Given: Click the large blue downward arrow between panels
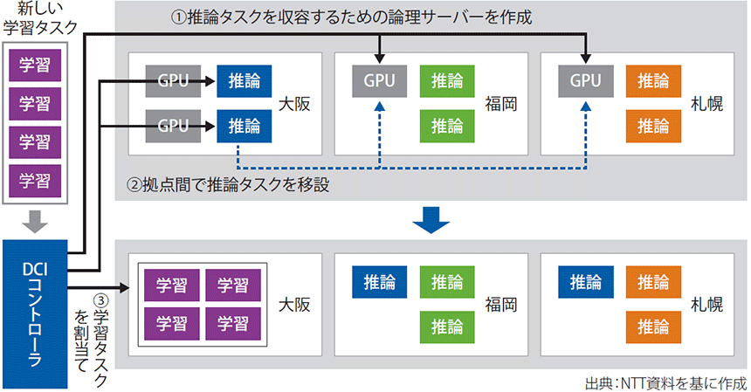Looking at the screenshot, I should (x=431, y=220).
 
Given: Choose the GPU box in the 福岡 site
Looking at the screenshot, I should (x=380, y=81).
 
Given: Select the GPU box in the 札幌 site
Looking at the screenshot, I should (x=586, y=81).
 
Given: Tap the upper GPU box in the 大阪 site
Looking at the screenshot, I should (x=173, y=81).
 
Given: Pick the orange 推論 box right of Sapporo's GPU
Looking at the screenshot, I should (x=653, y=81).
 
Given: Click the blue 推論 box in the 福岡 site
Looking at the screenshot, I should (x=380, y=282).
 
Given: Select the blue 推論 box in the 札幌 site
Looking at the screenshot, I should (x=586, y=282).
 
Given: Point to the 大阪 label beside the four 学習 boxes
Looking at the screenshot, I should (x=295, y=306).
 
